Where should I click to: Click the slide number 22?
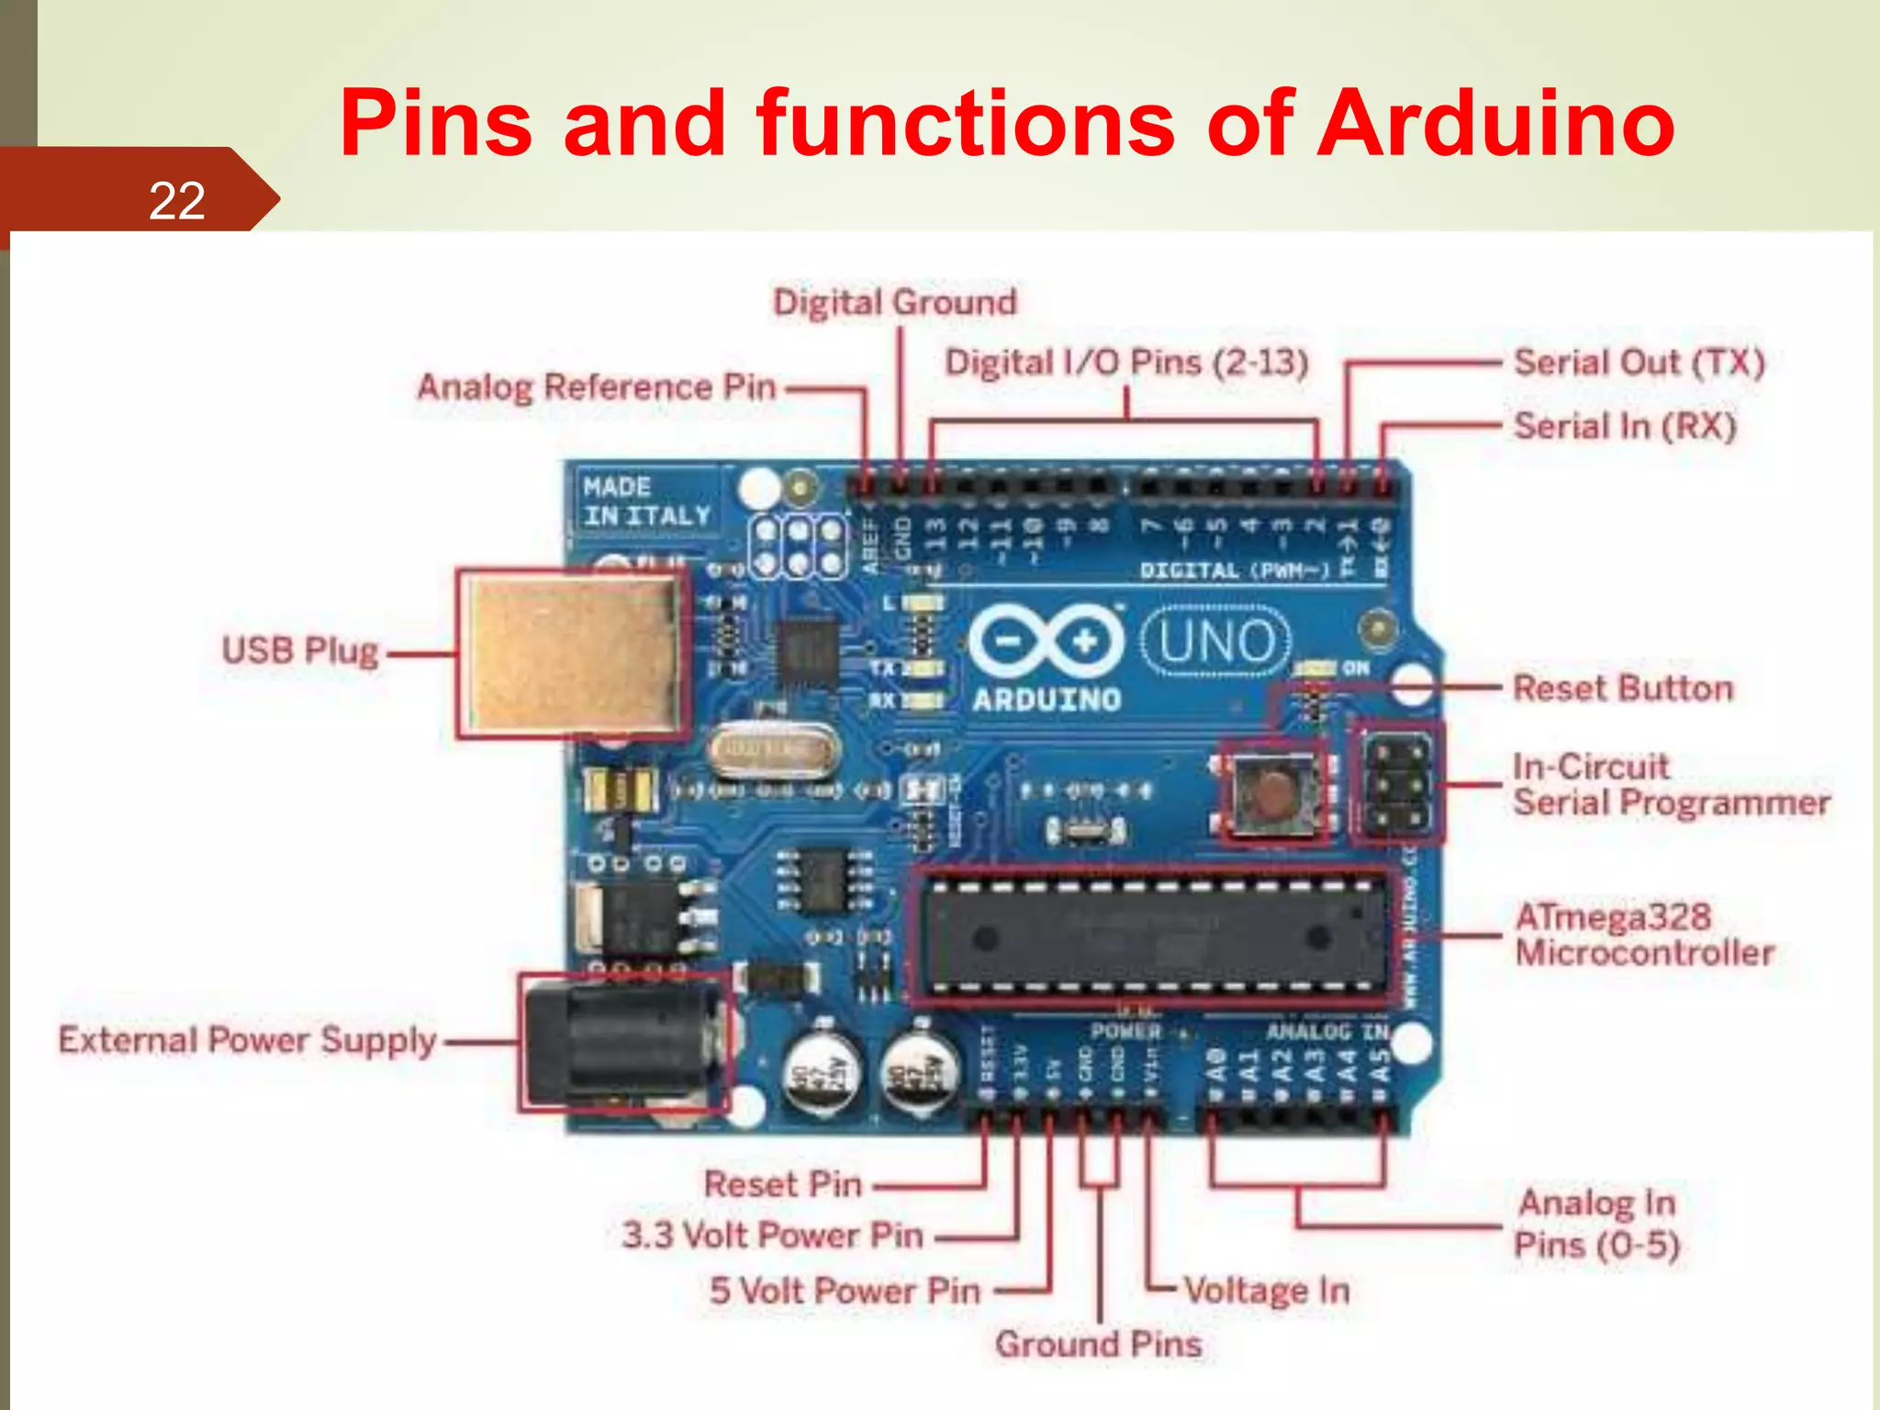coord(176,200)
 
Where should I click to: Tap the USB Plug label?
coord(300,651)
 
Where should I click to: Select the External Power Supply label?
coord(247,1041)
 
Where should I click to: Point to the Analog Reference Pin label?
coord(597,387)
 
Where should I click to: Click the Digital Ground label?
coord(895,302)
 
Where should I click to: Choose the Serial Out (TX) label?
coord(1639,363)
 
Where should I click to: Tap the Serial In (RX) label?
coord(1625,426)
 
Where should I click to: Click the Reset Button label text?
coord(1623,688)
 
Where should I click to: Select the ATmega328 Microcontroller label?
coord(1643,934)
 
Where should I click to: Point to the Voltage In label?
coord(1267,1291)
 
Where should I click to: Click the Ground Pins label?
coord(1099,1344)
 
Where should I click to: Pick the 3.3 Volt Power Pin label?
coord(772,1236)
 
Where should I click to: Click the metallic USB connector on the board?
coord(571,654)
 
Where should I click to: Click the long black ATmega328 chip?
coord(1152,937)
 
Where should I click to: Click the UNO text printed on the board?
coord(1216,642)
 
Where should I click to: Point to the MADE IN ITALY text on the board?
coord(646,501)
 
